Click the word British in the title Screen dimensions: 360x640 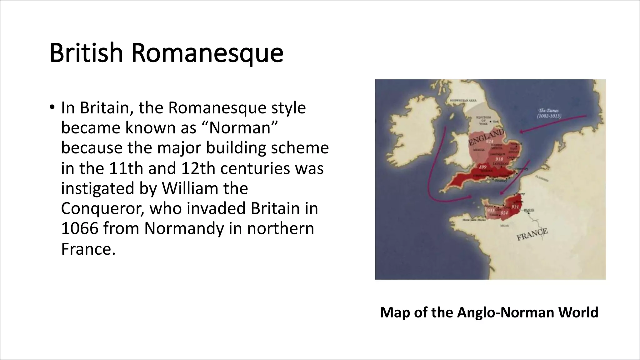86,53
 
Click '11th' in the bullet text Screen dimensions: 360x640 126,168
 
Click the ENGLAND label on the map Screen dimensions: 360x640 486,137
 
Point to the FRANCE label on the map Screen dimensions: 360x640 532,234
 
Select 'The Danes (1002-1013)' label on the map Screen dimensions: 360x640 549,113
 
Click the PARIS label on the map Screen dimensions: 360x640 529,210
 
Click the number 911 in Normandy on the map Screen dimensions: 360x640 515,207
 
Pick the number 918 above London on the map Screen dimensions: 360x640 499,159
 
